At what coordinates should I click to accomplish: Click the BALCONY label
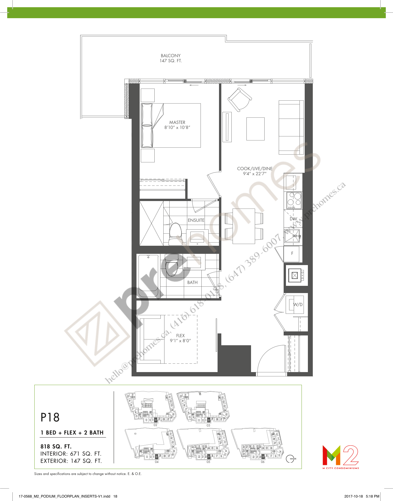pos(171,56)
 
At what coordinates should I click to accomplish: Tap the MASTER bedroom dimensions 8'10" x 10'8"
pos(177,127)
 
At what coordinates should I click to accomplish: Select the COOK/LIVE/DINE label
pos(254,168)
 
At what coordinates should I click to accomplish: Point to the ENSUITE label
pos(196,220)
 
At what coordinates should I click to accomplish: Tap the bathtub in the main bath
pos(148,276)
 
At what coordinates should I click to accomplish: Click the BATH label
pos(192,282)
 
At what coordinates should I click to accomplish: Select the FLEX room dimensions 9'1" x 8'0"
pos(180,341)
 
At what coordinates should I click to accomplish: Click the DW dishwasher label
pos(293,219)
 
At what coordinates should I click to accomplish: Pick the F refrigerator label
pos(292,253)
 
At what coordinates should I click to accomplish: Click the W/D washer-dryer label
pos(298,304)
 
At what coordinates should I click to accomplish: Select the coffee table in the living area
pos(255,129)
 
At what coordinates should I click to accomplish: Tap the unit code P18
pos(50,417)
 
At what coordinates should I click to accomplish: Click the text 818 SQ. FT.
pos(56,446)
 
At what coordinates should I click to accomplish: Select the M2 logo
pos(340,456)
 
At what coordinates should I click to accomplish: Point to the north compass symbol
pos(290,459)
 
